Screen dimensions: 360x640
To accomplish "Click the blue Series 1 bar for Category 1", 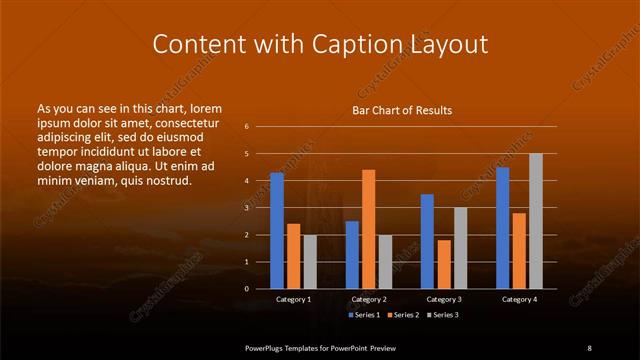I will tap(276, 230).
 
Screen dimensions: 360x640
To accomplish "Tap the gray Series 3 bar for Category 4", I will tap(536, 220).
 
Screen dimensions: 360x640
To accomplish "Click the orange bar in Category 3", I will tap(444, 264).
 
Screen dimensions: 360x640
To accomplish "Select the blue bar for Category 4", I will tap(502, 227).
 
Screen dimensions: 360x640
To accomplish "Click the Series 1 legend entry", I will tap(364, 315).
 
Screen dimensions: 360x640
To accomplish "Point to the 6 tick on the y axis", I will tap(246, 127).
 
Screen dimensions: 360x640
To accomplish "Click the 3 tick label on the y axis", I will tap(246, 208).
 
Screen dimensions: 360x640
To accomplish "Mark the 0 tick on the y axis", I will tap(246, 289).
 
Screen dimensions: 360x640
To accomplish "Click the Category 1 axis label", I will tap(293, 299).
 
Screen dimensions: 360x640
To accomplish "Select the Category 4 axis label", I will tap(519, 299).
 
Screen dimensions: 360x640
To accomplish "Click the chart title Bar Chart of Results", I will tap(401, 110).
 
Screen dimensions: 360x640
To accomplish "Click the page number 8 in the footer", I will tap(589, 346).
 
